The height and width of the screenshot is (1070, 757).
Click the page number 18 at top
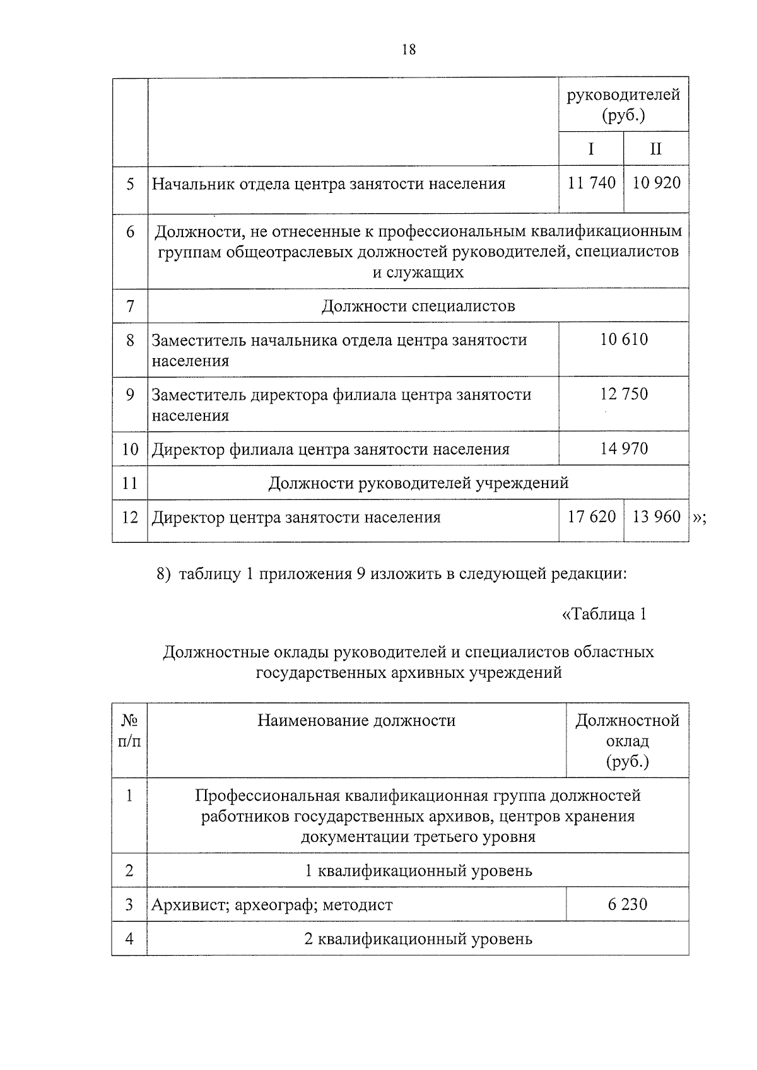[x=408, y=50]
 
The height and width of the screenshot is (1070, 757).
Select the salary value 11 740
[x=591, y=183]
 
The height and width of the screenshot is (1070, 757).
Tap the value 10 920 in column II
[x=656, y=183]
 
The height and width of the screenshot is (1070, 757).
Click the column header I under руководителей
[x=591, y=149]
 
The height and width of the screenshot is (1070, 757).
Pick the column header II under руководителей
[x=656, y=149]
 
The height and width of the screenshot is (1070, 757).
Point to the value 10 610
[x=624, y=340]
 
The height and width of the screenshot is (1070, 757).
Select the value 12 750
[x=624, y=394]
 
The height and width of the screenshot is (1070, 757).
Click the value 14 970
[x=624, y=449]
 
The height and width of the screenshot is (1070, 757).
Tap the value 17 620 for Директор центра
[x=591, y=517]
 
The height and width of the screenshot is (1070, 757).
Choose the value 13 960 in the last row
[x=656, y=517]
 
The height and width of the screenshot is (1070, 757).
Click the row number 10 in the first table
[x=130, y=450]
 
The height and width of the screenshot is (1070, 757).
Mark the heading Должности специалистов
[x=418, y=306]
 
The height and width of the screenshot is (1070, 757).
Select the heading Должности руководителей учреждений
[x=418, y=483]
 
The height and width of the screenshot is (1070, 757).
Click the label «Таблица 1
[x=604, y=614]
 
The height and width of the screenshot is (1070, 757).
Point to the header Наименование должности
[x=356, y=721]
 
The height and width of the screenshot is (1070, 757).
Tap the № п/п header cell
[x=129, y=731]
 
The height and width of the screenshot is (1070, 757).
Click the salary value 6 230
[x=627, y=905]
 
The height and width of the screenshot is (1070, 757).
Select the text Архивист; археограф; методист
[x=272, y=905]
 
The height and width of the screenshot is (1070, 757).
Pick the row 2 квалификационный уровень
[x=418, y=939]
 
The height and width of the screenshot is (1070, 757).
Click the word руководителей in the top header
[x=623, y=95]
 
